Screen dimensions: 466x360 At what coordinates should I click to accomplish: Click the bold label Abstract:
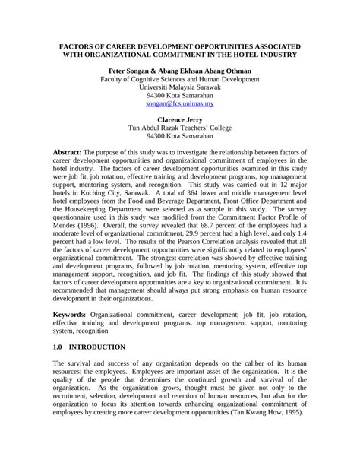click(x=72, y=152)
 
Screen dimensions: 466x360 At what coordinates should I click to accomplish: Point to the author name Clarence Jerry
click(x=179, y=120)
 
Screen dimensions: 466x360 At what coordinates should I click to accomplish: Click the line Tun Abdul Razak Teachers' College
click(x=179, y=128)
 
